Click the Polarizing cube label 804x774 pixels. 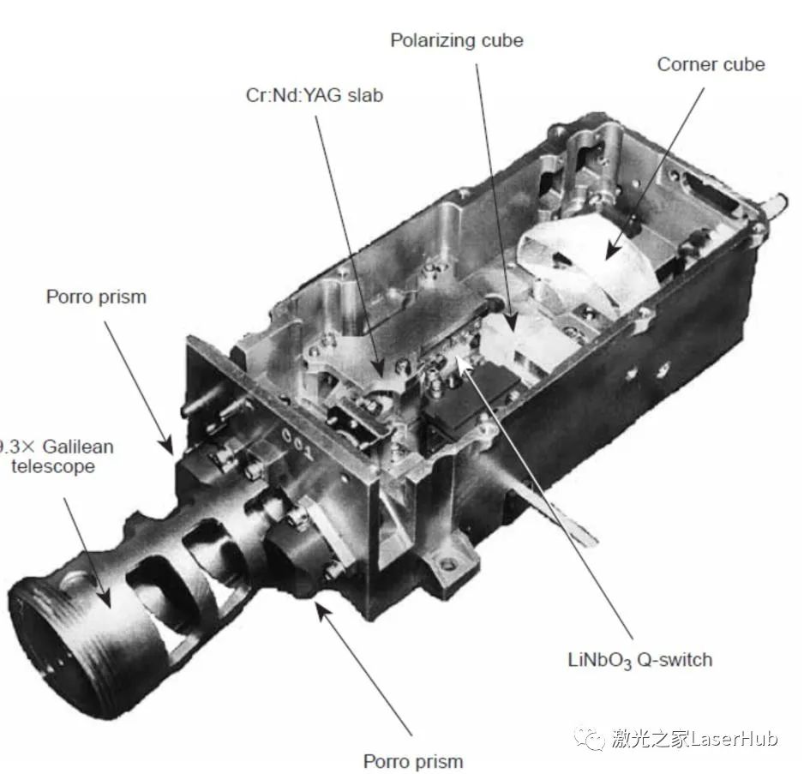pos(457,40)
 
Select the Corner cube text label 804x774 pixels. pos(711,64)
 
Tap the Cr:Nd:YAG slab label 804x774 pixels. pos(315,95)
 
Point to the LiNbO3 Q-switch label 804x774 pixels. pos(640,660)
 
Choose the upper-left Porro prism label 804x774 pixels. pos(96,297)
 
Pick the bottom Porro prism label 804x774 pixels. pos(413,761)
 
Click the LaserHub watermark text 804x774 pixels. pos(694,739)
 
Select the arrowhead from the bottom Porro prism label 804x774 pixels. pos(321,610)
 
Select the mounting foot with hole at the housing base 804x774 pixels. pos(447,564)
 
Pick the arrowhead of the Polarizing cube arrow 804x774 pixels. pos(511,323)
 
